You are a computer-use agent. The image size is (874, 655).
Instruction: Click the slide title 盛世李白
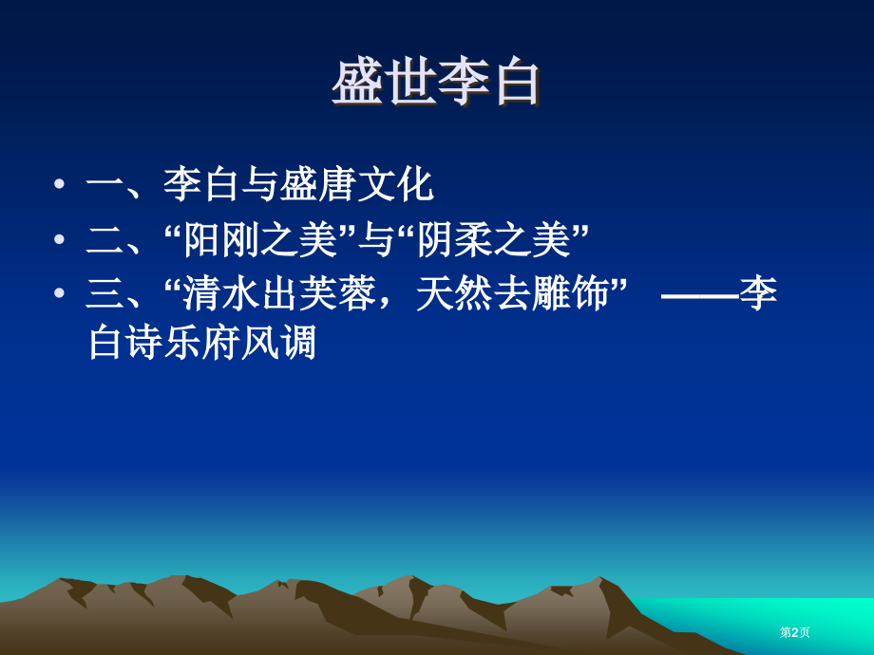point(436,83)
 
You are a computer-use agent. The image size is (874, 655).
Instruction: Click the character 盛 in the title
point(357,83)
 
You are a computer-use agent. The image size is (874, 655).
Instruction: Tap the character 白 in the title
point(516,83)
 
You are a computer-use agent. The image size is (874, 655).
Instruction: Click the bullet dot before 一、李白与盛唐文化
point(60,184)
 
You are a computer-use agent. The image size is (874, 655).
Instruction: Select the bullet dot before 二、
point(60,240)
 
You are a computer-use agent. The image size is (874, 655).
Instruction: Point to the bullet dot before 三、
point(60,294)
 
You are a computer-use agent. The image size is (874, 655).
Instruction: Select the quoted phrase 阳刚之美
point(261,240)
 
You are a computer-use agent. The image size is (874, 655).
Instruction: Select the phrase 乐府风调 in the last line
point(240,343)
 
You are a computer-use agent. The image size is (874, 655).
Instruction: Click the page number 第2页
point(795,632)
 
